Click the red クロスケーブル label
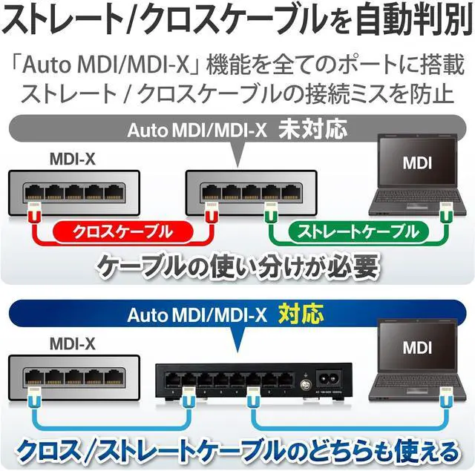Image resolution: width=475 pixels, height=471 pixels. pyautogui.click(x=123, y=232)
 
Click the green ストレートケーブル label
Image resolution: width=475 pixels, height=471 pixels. pyautogui.click(x=358, y=232)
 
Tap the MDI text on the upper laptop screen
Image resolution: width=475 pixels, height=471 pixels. pyautogui.click(x=417, y=163)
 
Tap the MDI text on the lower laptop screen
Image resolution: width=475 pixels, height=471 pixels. pyautogui.click(x=417, y=348)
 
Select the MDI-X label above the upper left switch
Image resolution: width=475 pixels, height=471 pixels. pyautogui.click(x=73, y=159)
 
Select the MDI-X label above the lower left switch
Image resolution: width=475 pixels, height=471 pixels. pyautogui.click(x=73, y=344)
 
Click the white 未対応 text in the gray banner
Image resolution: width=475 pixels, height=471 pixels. pyautogui.click(x=312, y=129)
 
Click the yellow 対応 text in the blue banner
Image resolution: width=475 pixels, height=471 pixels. pyautogui.click(x=301, y=314)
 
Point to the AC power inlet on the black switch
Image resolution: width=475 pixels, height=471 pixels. pyautogui.click(x=328, y=378)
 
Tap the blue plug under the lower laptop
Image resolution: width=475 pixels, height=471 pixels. pyautogui.click(x=445, y=398)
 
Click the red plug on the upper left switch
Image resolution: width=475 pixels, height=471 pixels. pyautogui.click(x=34, y=212)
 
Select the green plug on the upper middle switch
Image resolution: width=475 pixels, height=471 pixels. pyautogui.click(x=271, y=212)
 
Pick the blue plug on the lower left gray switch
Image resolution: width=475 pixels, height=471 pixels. pyautogui.click(x=34, y=398)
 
